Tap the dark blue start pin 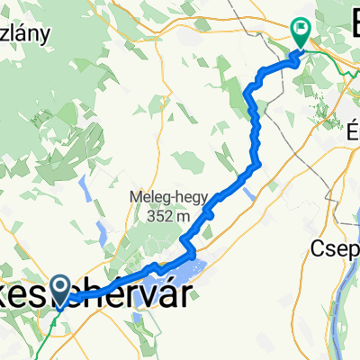pos(61,289)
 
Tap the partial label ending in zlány pos(27,33)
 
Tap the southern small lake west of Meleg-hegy pos(102,236)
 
